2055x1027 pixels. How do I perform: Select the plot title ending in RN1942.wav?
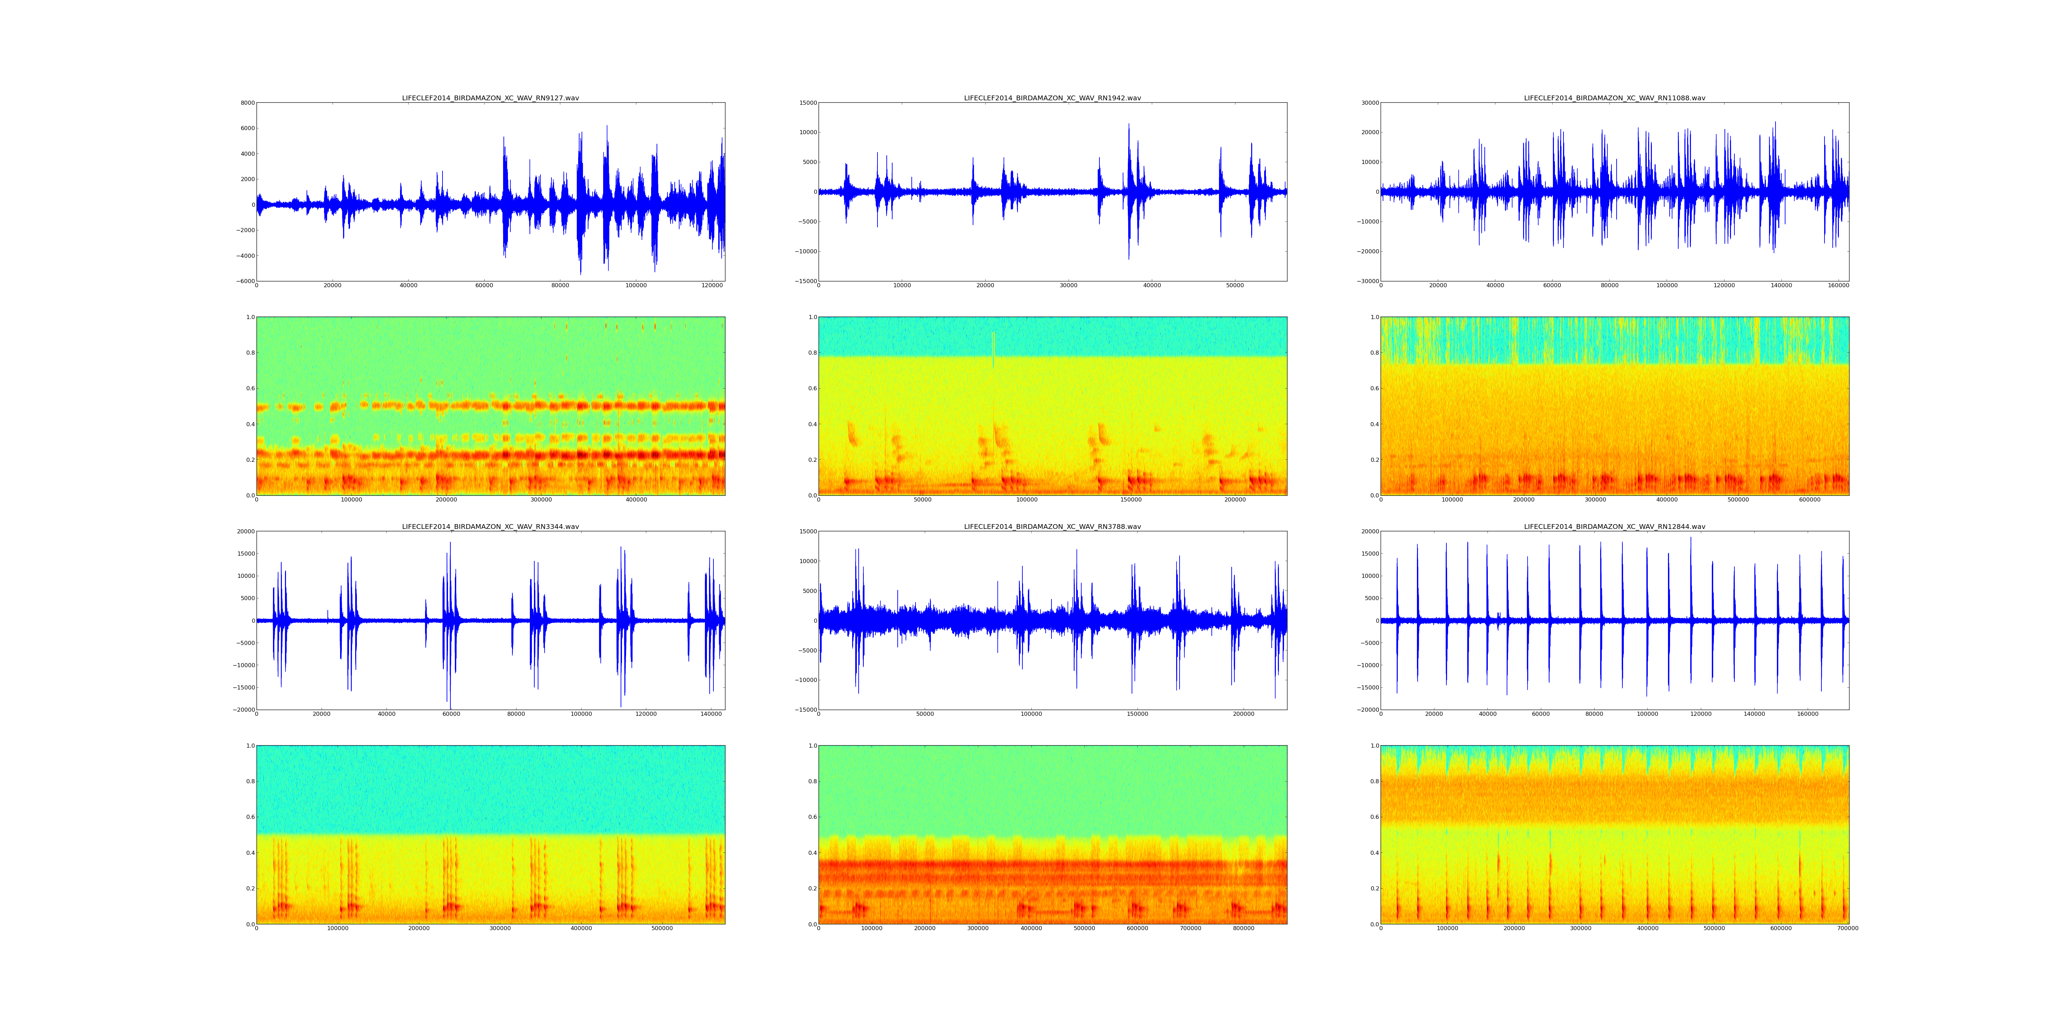1052,98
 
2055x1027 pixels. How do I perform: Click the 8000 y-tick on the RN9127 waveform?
247,103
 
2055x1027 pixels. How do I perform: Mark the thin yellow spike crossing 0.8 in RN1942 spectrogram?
993,351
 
